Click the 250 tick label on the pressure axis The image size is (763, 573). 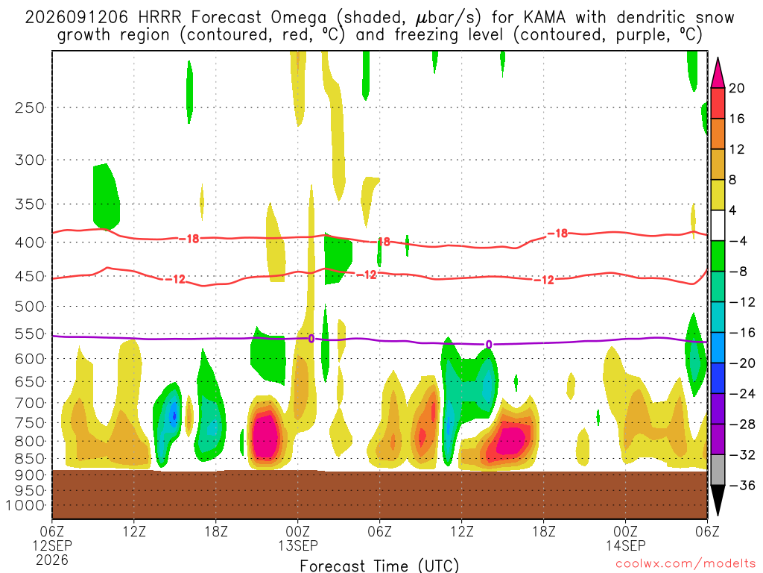29,107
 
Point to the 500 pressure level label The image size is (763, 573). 29,307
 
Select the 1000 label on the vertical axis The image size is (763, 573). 25,506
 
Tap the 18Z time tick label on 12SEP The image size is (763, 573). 215,531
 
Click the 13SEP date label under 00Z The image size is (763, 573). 298,545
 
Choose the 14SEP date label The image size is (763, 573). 625,545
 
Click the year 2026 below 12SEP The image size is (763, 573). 52,560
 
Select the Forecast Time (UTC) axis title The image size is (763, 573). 379,566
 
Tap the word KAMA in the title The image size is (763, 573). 545,18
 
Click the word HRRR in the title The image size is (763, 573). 159,18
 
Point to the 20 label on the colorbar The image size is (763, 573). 737,88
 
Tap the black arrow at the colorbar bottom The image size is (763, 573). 718,500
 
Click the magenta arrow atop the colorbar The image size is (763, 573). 718,74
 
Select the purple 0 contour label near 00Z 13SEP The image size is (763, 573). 311,339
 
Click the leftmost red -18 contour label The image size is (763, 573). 189,239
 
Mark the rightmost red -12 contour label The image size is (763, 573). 544,280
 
